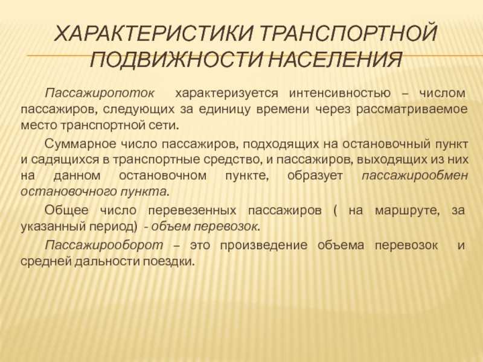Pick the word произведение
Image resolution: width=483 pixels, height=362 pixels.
276,246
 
